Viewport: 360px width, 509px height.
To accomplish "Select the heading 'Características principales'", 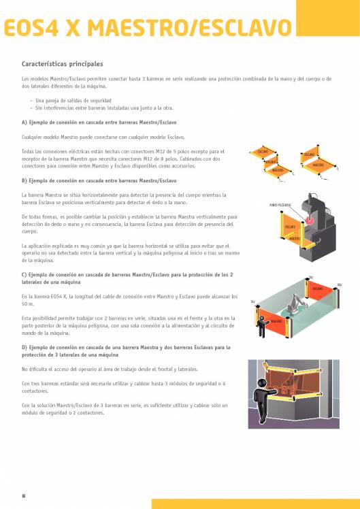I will click(63, 63).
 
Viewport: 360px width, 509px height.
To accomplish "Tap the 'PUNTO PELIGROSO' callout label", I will click(280, 204).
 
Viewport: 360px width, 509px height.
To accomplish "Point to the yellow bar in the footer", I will click(255, 504).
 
